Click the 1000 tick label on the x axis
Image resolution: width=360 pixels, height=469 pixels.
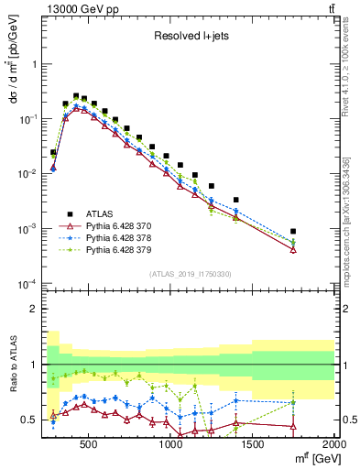click(171, 445)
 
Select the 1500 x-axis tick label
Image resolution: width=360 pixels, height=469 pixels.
click(254, 445)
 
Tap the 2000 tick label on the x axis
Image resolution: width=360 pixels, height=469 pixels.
click(333, 445)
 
